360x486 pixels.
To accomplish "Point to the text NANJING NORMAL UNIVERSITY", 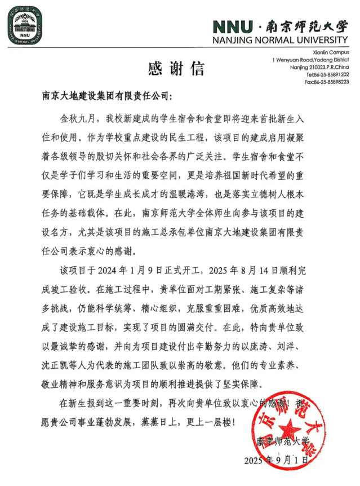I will (280, 40).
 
